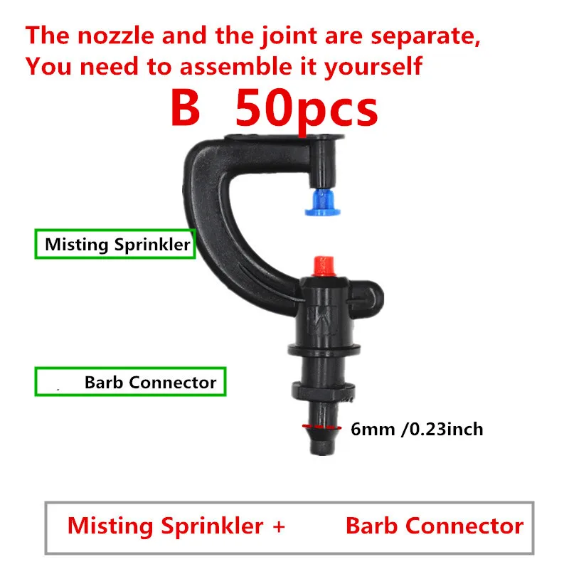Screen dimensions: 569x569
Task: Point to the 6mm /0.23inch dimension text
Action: (417, 429)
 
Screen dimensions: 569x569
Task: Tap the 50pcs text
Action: (306, 110)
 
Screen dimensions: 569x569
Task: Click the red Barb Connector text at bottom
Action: (434, 526)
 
